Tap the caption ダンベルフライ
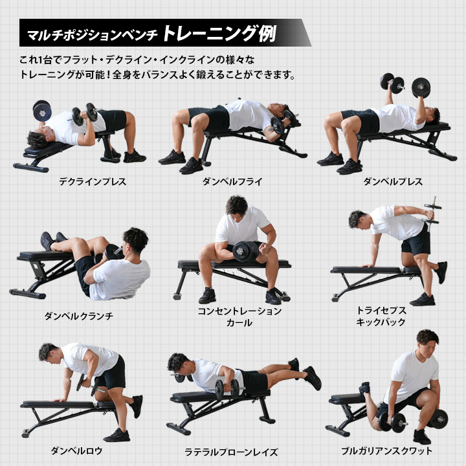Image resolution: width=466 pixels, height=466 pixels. coord(232,182)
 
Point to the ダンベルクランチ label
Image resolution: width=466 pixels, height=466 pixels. coord(79,316)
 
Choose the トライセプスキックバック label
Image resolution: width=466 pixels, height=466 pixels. coord(381,316)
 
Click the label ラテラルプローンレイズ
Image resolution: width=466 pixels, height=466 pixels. coord(231,452)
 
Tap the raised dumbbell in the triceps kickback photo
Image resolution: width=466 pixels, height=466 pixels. coord(432,213)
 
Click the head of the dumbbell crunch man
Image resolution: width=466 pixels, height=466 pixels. coord(135,240)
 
